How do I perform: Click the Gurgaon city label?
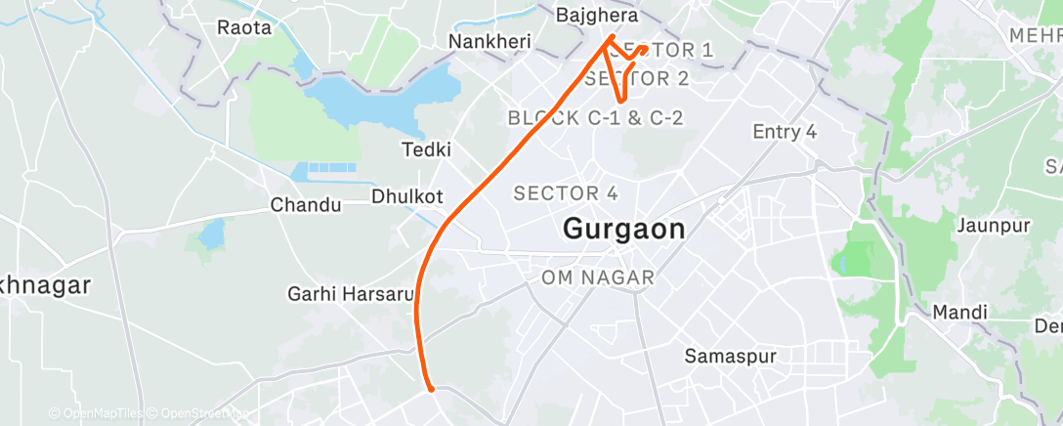pyautogui.click(x=624, y=230)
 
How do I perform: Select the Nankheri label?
pyautogui.click(x=489, y=42)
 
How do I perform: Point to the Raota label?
pyautogui.click(x=244, y=27)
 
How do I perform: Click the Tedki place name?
pyautogui.click(x=427, y=149)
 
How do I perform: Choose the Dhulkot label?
pyautogui.click(x=406, y=196)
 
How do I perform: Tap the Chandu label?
pyautogui.click(x=306, y=205)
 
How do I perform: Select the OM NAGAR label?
pyautogui.click(x=598, y=278)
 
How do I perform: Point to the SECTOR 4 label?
pyautogui.click(x=566, y=192)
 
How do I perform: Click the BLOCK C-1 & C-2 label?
pyautogui.click(x=594, y=118)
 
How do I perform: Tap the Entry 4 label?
pyautogui.click(x=784, y=132)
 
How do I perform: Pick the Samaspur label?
pyautogui.click(x=731, y=357)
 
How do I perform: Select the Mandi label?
pyautogui.click(x=959, y=313)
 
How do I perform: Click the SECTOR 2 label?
pyautogui.click(x=636, y=79)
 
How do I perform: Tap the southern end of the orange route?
pyautogui.click(x=430, y=388)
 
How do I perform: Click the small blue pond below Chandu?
pyautogui.click(x=211, y=234)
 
